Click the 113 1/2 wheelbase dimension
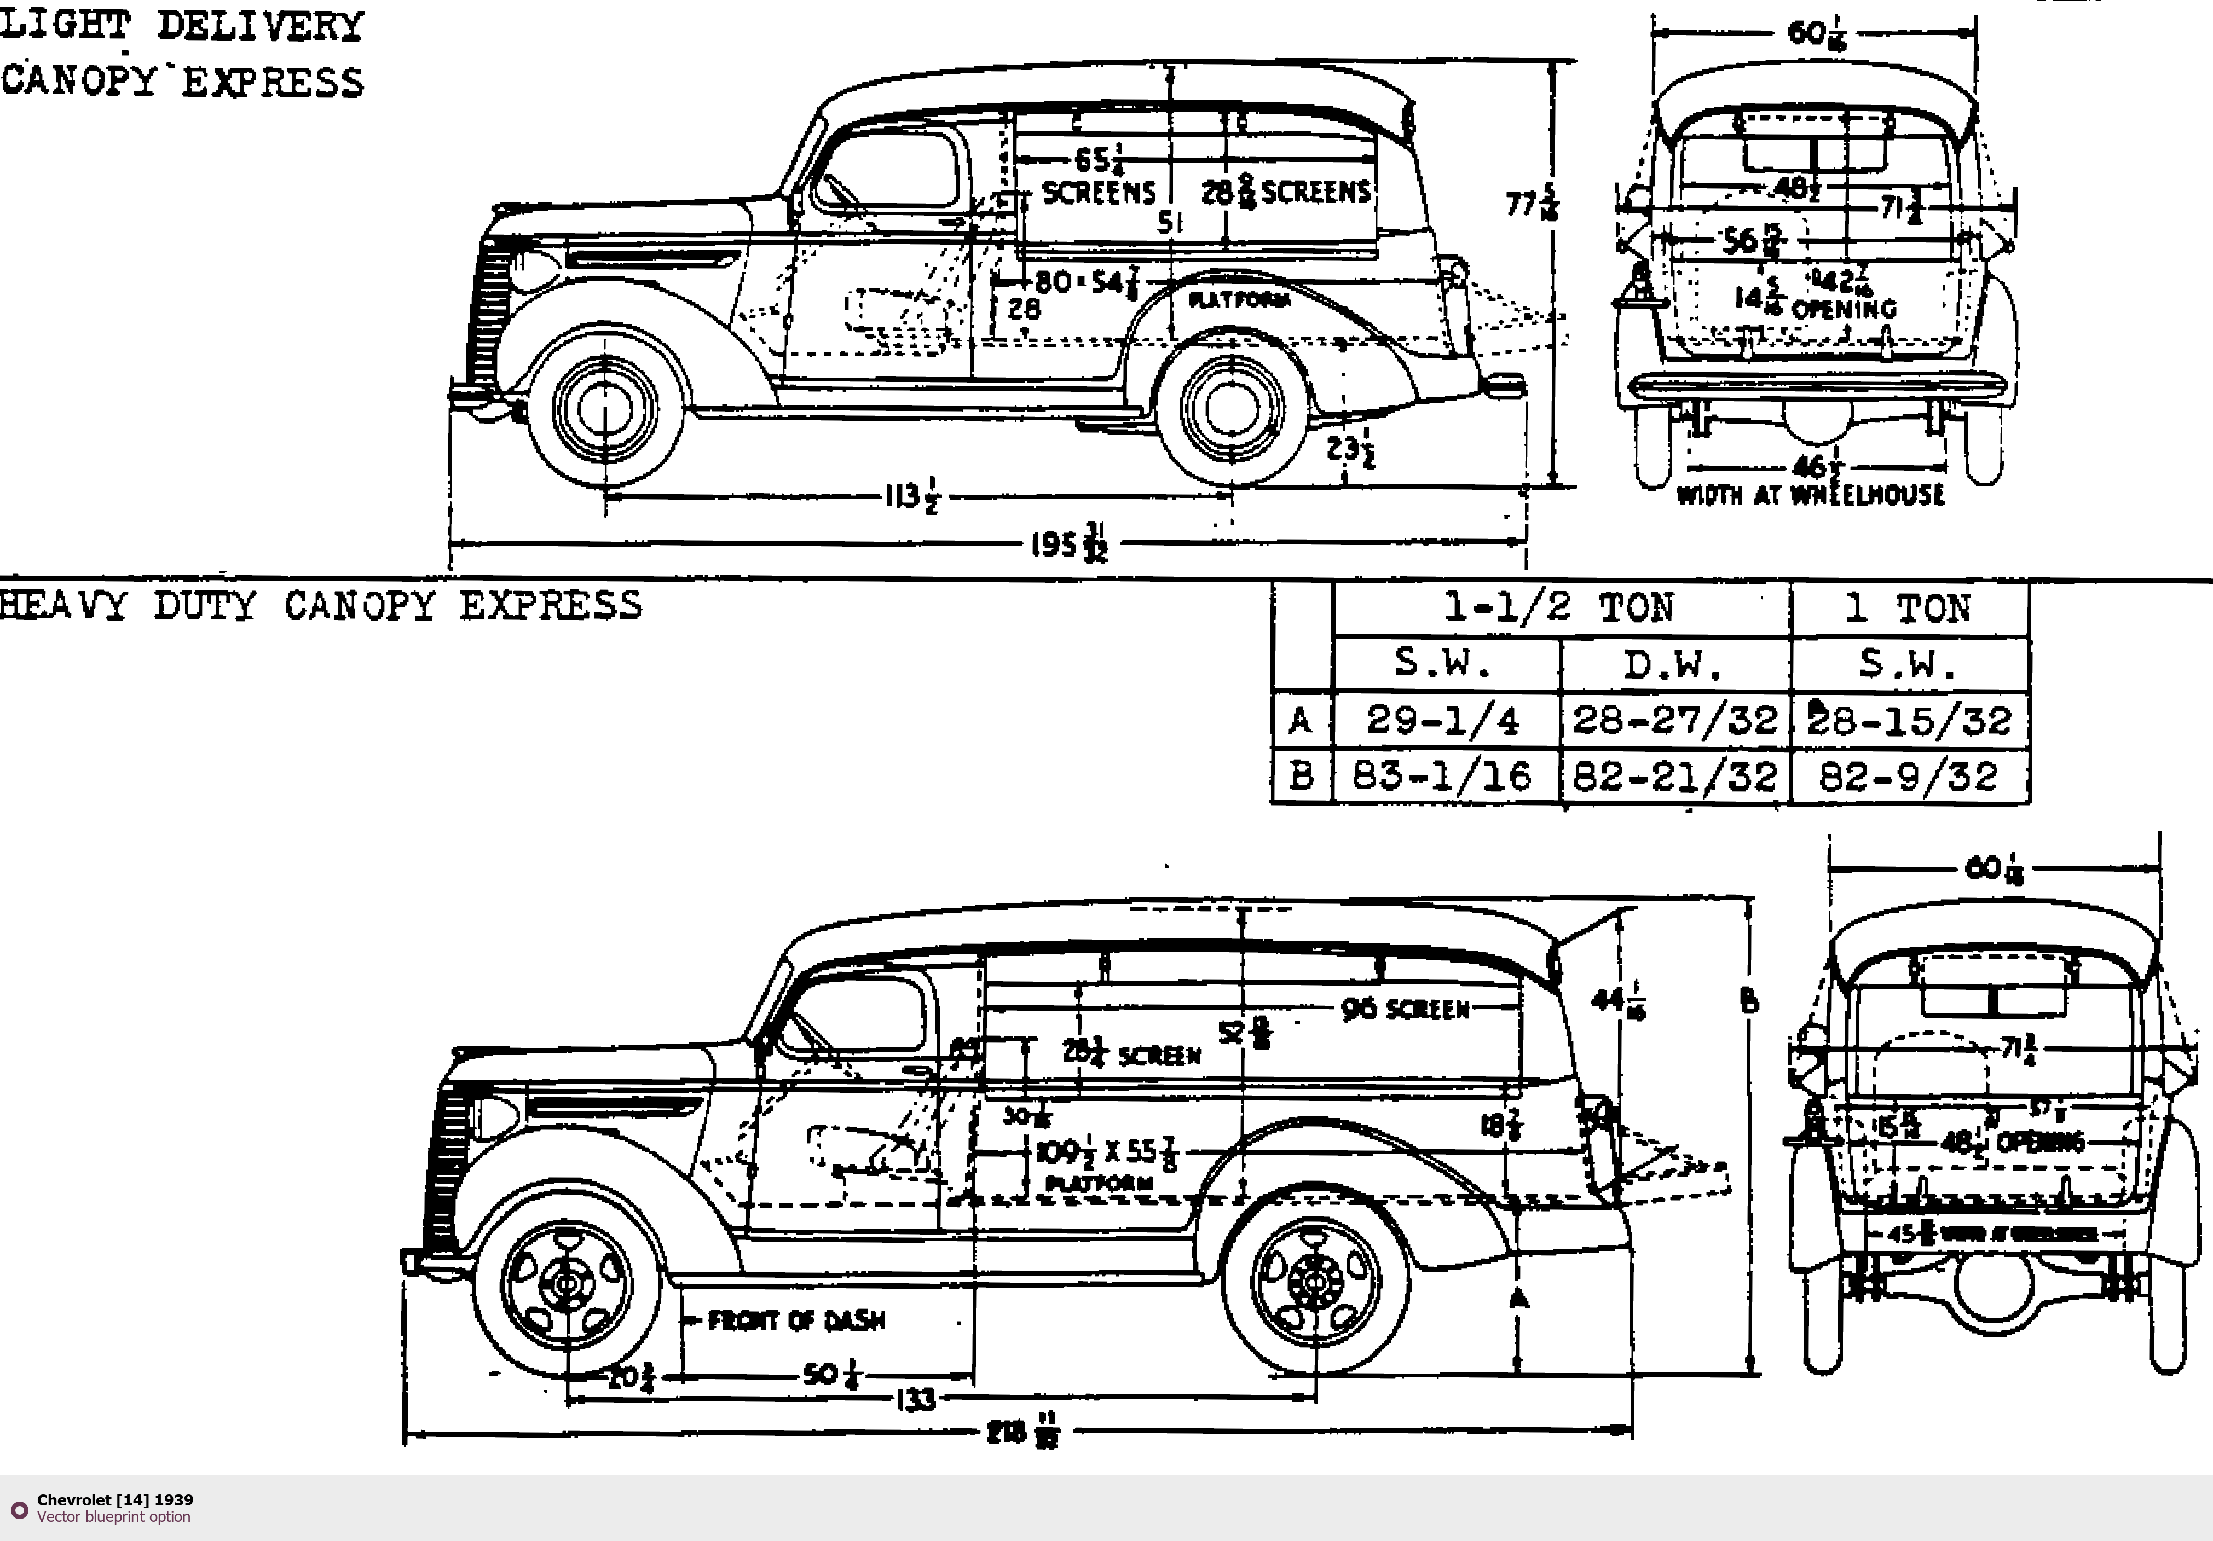coord(911,497)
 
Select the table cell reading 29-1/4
coord(1443,721)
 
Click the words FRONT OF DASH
coord(796,1320)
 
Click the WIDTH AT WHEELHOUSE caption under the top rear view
coord(1810,495)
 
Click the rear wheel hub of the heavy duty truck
coord(1315,1282)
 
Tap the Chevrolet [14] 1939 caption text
coord(115,1499)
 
